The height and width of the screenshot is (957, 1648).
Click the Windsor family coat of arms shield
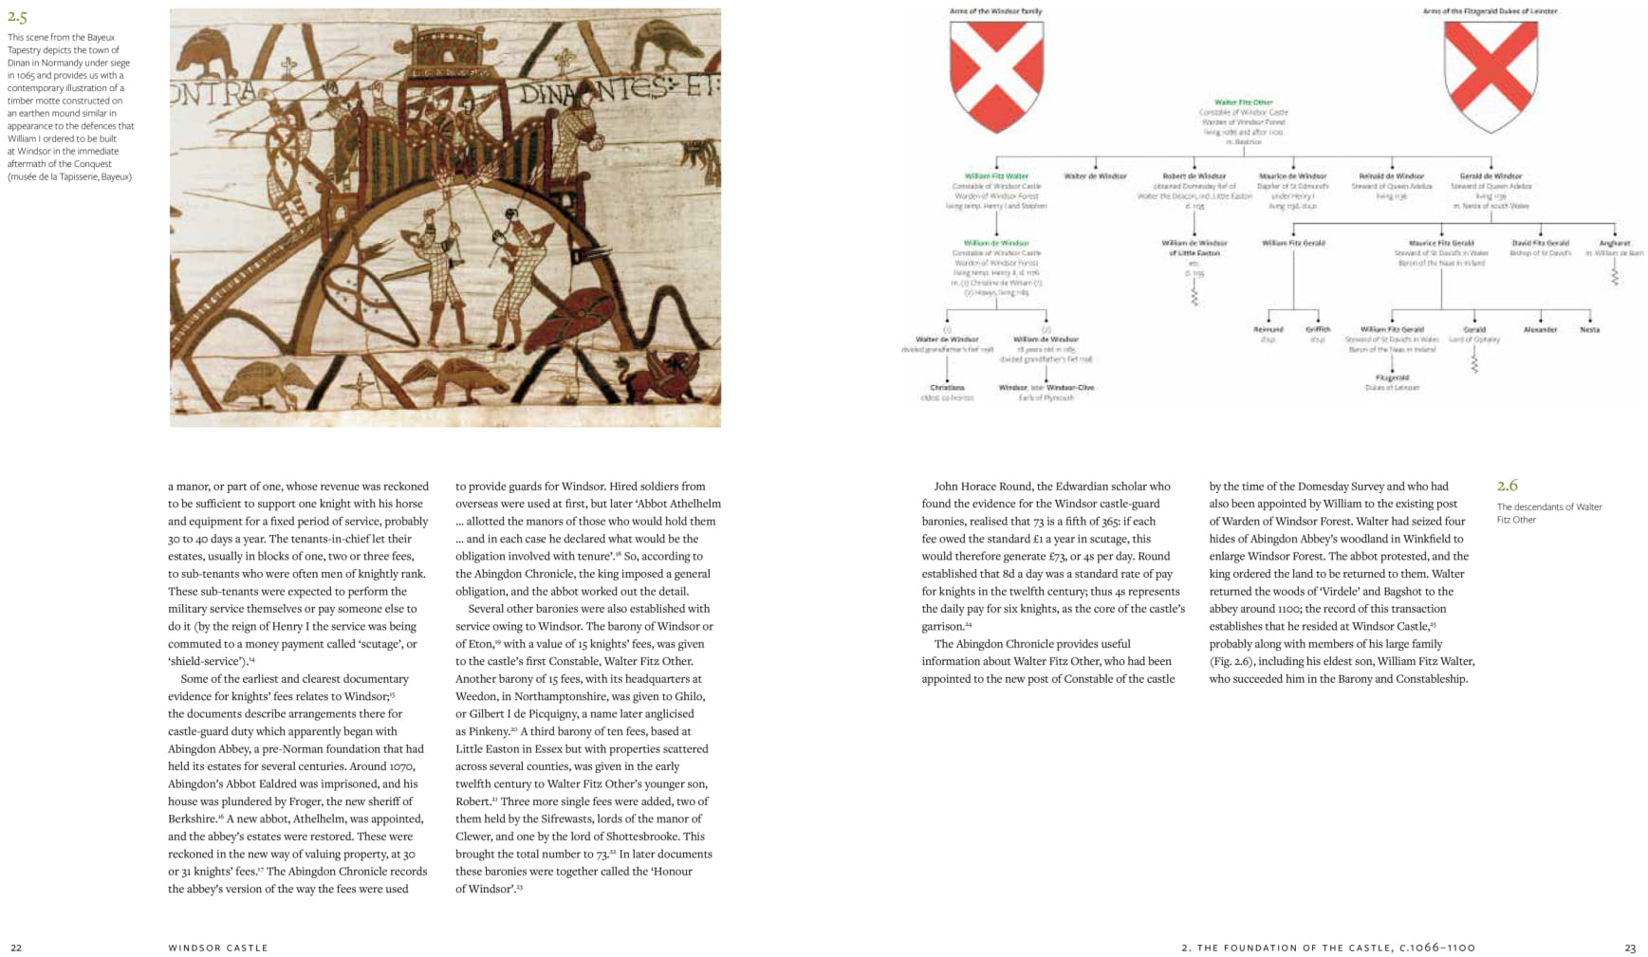pyautogui.click(x=996, y=76)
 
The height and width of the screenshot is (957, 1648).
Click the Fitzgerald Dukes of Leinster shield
pyautogui.click(x=1490, y=76)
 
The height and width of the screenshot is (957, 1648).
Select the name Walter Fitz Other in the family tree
pyautogui.click(x=1243, y=102)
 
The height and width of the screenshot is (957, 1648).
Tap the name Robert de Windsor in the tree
pyautogui.click(x=1194, y=176)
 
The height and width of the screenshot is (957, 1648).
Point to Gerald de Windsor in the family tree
pyautogui.click(x=1491, y=176)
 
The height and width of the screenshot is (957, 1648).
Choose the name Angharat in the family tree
pyautogui.click(x=1614, y=244)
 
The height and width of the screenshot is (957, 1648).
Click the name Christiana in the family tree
pyautogui.click(x=947, y=388)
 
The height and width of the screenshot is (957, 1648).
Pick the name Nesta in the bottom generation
pyautogui.click(x=1589, y=330)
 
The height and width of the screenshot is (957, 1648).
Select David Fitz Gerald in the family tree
pyautogui.click(x=1541, y=244)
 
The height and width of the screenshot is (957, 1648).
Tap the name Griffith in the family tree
pyautogui.click(x=1318, y=330)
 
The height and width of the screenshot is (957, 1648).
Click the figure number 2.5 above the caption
pyautogui.click(x=17, y=17)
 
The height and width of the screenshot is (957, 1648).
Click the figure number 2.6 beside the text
pyautogui.click(x=1508, y=487)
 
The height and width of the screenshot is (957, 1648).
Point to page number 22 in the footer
pyautogui.click(x=16, y=948)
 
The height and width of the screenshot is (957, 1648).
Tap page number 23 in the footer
pyautogui.click(x=1630, y=948)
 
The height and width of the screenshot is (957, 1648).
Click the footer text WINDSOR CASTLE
pyautogui.click(x=218, y=948)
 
